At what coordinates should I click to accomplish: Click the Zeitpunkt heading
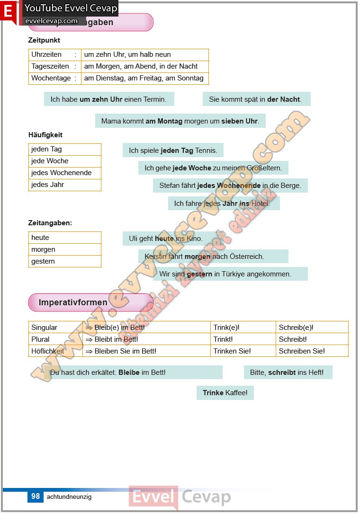(x=44, y=41)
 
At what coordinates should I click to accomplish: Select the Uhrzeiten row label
(x=46, y=54)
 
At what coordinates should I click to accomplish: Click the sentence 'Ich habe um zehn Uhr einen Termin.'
(x=108, y=99)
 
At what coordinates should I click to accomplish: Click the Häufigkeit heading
(x=45, y=135)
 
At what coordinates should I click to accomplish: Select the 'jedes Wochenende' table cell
(x=62, y=173)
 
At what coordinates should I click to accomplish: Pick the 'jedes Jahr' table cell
(x=48, y=185)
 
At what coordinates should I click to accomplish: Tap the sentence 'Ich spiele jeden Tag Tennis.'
(x=173, y=151)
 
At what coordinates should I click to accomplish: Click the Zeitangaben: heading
(x=50, y=222)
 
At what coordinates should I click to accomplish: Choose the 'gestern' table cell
(x=43, y=261)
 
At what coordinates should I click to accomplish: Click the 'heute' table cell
(x=40, y=238)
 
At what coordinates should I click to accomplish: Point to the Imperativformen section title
(x=73, y=302)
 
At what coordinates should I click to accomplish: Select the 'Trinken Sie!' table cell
(x=232, y=351)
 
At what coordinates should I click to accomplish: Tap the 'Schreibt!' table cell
(x=293, y=339)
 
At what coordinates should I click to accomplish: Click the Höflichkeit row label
(x=47, y=351)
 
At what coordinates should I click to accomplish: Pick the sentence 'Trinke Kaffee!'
(x=225, y=393)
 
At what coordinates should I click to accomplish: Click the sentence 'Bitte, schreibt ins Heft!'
(x=287, y=372)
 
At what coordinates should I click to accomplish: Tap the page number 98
(x=36, y=496)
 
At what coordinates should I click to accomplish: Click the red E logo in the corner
(x=8, y=11)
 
